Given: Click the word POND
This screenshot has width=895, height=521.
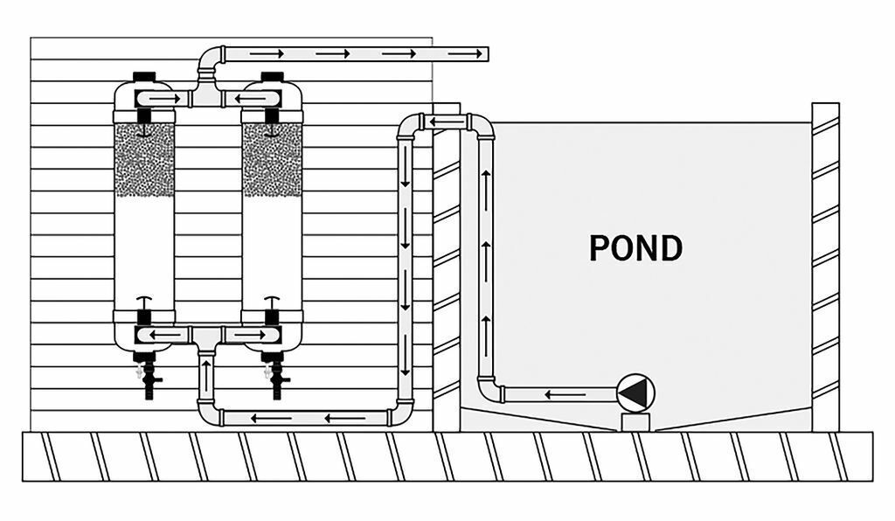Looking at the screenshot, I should pos(635,248).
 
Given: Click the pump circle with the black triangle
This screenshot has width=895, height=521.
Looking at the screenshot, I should pos(635,393).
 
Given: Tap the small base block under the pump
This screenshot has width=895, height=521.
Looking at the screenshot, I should pos(635,421).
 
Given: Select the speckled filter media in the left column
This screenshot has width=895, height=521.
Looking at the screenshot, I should pos(144,159).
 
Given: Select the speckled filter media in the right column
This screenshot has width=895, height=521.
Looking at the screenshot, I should pos(272,159).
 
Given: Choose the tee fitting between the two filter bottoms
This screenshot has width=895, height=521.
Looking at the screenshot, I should pos(207,336).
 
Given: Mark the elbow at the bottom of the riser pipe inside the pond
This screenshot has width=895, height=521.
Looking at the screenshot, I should pos(488,388).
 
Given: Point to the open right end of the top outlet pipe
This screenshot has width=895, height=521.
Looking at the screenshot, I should pos(487,54).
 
